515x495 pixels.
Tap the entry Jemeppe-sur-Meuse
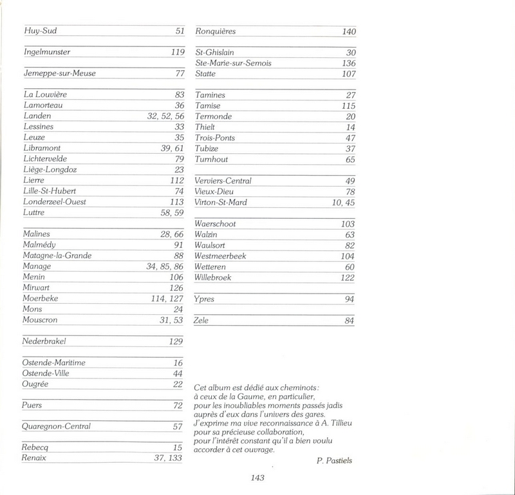[x=59, y=73]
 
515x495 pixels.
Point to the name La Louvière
[x=45, y=95]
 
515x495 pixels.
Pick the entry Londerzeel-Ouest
[x=54, y=202]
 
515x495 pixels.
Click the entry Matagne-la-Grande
[x=57, y=256]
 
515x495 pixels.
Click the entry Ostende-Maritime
[x=53, y=363]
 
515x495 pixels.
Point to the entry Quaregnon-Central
[x=56, y=426]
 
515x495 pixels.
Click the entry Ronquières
[x=216, y=31]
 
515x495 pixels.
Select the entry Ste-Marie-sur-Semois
[x=233, y=63]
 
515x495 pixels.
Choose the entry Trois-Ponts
[x=214, y=138]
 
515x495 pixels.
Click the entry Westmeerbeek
[x=220, y=256]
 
